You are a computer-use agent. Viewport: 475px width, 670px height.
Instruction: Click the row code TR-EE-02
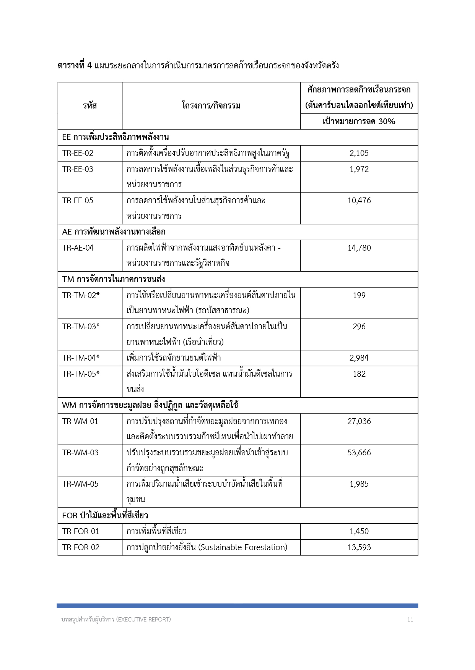click(x=78, y=153)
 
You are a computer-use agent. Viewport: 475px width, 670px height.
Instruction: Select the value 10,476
click(x=359, y=201)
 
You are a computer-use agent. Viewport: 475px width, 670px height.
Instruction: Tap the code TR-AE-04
click(x=78, y=248)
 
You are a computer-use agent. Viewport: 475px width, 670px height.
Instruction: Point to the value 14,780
click(x=359, y=248)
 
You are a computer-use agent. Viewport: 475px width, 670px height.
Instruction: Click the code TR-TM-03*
click(x=81, y=327)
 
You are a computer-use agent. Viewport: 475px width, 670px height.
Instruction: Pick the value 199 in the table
click(x=359, y=295)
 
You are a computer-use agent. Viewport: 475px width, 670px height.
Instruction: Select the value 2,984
click(x=359, y=358)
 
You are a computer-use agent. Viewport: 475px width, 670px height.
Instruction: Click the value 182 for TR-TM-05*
click(x=359, y=374)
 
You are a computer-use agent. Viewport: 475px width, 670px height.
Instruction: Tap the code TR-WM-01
click(x=80, y=421)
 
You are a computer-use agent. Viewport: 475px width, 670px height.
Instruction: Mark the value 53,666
click(x=359, y=453)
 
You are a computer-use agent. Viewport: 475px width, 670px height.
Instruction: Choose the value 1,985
click(x=359, y=484)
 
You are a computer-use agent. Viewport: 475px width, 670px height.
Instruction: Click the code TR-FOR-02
click(x=81, y=547)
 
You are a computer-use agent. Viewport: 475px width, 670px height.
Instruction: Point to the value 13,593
click(x=359, y=547)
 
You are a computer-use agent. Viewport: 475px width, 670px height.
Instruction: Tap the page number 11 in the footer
click(x=410, y=620)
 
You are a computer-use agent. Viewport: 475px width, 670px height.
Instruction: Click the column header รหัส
click(x=90, y=106)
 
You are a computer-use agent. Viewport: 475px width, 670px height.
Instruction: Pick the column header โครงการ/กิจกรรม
click(x=211, y=106)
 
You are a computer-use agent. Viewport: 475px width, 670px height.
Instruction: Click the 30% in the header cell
click(x=387, y=121)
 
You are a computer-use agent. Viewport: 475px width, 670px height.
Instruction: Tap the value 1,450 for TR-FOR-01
click(x=359, y=531)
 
